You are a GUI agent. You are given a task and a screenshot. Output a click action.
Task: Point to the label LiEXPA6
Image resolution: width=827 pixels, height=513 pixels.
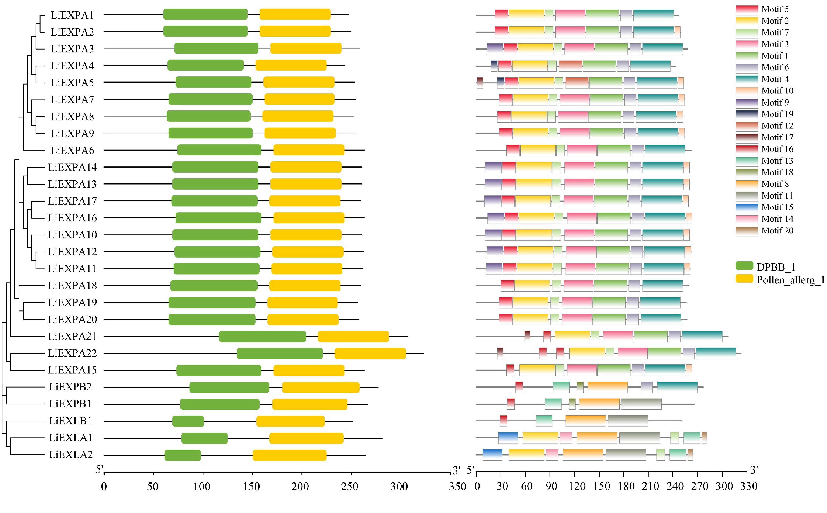(72, 150)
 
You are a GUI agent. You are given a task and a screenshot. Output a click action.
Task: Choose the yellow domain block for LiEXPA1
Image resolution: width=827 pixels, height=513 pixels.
(295, 14)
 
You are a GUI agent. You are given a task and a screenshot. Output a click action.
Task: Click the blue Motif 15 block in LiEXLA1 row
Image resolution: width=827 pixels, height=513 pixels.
(508, 438)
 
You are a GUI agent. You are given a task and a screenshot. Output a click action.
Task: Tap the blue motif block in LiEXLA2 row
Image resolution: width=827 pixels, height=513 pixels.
(492, 455)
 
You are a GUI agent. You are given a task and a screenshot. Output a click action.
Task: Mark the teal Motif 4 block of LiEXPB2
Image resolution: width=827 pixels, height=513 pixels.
(677, 387)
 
